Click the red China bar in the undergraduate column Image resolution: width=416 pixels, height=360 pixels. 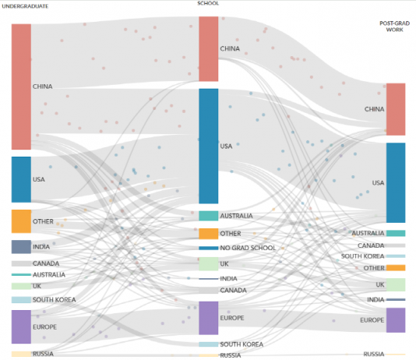click(x=21, y=86)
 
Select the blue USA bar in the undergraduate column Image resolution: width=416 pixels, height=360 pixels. click(x=21, y=179)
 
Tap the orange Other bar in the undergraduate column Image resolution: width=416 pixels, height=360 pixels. click(x=21, y=221)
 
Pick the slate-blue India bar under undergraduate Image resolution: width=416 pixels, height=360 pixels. click(x=21, y=247)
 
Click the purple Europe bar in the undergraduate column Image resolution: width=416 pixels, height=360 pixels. click(x=21, y=326)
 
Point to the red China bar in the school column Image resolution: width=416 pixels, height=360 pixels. click(x=209, y=49)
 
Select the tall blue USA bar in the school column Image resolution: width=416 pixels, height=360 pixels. click(x=209, y=146)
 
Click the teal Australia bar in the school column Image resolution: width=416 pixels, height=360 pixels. click(x=209, y=216)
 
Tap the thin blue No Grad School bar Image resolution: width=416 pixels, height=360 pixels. click(x=209, y=248)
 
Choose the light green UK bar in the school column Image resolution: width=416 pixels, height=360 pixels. click(x=209, y=263)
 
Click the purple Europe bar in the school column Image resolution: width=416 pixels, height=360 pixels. click(x=209, y=318)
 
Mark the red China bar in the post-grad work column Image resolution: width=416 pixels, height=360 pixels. click(x=396, y=109)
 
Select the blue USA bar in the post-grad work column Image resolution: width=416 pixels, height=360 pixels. click(x=396, y=183)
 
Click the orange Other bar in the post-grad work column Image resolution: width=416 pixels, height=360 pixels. click(x=396, y=268)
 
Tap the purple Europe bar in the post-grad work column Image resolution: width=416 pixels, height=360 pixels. click(x=396, y=320)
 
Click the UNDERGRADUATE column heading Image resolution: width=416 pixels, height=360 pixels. click(x=25, y=6)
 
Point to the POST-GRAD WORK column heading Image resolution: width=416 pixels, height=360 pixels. click(x=395, y=26)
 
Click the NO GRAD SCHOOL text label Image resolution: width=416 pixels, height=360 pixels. click(x=248, y=248)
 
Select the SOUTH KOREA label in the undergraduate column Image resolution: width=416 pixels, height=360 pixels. click(x=54, y=300)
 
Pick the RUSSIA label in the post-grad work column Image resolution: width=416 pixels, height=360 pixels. click(x=374, y=355)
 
